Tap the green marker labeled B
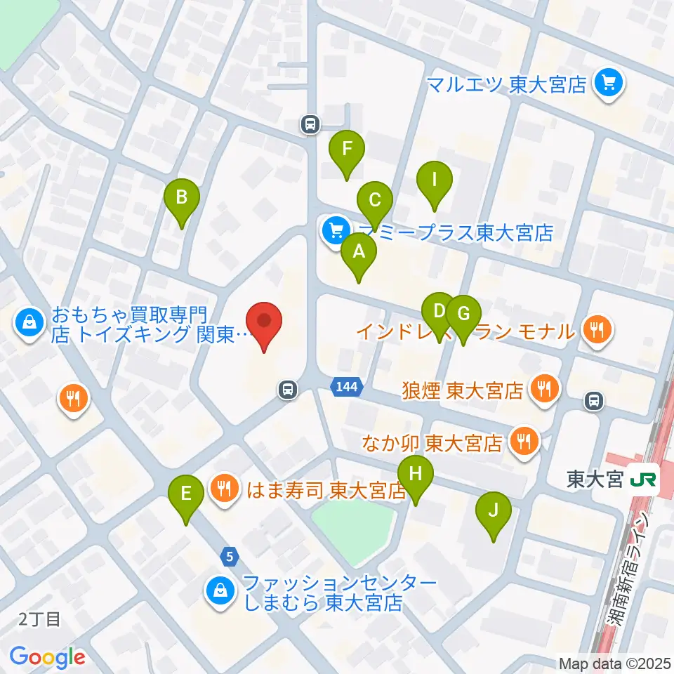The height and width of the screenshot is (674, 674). coord(182,197)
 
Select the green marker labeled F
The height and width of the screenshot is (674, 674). coord(346,150)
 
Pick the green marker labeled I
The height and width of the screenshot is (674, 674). coord(434,180)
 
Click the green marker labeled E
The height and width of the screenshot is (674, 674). coord(186,494)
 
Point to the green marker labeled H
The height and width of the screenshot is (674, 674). coord(416,474)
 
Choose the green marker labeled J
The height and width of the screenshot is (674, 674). coord(493,511)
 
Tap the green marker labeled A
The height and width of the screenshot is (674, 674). coord(359,251)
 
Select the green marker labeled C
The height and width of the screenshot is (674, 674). coord(375,201)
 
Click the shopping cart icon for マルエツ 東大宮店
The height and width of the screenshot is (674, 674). coord(606,85)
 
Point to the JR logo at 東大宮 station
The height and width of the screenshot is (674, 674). coord(643,479)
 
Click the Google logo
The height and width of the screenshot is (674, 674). coord(47,657)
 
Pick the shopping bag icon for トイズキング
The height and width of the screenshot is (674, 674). coord(30,323)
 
